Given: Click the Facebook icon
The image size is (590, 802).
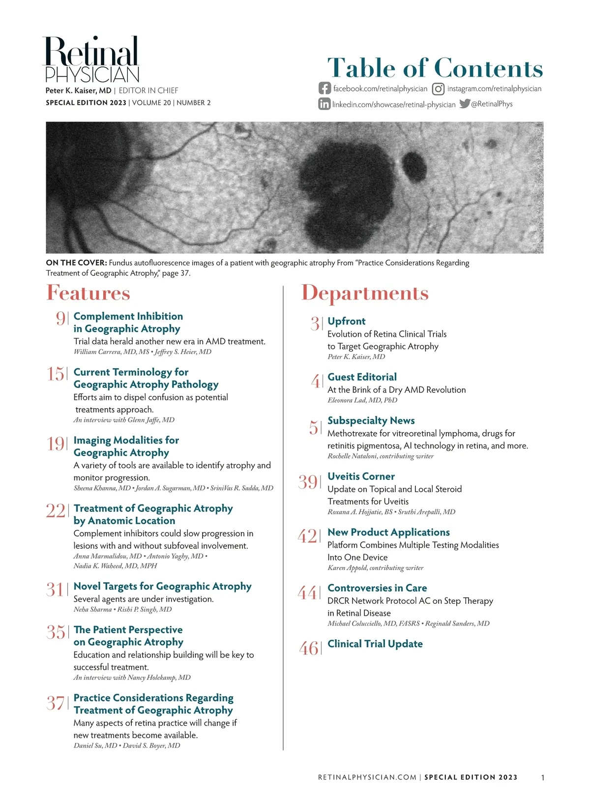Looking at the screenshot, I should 324,89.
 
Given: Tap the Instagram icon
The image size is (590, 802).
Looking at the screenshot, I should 438,89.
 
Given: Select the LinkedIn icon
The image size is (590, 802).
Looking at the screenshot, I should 324,104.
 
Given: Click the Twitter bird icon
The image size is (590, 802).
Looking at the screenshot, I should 465,104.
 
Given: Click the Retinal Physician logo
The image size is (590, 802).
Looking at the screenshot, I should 92,59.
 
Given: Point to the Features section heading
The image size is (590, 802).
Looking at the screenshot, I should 88,293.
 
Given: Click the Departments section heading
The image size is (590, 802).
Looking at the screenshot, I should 365,293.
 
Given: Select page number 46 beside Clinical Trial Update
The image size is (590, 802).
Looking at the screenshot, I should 309,649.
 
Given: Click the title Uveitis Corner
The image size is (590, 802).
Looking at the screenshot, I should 361,476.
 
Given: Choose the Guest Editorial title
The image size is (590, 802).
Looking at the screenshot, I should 362,377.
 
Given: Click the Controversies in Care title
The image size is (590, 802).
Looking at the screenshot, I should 377,588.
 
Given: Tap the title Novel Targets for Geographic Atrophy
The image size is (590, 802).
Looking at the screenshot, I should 162,586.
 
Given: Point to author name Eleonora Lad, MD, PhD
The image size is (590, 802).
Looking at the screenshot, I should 362,400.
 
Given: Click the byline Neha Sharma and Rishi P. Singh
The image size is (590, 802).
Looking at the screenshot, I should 122,609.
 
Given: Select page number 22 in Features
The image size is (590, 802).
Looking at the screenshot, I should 55,511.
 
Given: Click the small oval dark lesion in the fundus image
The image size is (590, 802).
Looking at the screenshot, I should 414,166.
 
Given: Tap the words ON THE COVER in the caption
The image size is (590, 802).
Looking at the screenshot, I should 76,263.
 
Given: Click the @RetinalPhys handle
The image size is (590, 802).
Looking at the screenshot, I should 492,104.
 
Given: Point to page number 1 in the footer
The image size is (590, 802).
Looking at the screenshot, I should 542,777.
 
